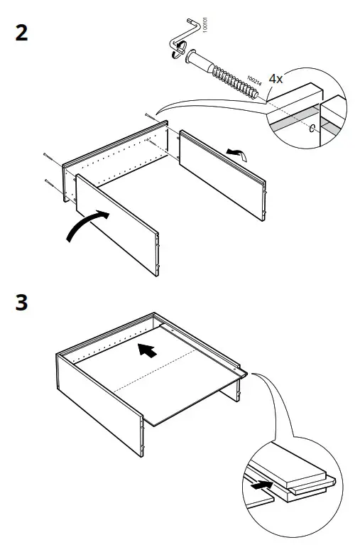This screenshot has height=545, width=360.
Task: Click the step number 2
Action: coord(22,33)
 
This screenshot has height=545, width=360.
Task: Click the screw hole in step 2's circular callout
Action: coord(313,128)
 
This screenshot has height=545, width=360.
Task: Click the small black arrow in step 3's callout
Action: coord(262,485)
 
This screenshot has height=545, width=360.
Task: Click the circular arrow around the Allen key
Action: coord(182,50)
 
